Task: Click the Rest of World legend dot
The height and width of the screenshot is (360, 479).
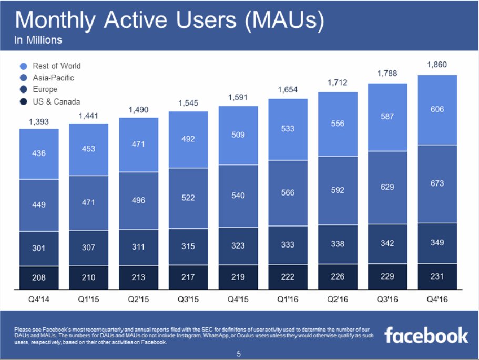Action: [23, 66]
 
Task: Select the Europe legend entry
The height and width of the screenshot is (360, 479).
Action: [45, 90]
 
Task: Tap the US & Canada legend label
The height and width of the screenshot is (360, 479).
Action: [56, 101]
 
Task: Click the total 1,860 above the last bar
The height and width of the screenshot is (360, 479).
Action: [437, 65]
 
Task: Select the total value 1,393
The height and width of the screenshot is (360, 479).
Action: [39, 121]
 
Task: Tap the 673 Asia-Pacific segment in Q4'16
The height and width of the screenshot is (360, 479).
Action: [437, 183]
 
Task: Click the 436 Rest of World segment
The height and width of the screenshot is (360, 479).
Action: [39, 153]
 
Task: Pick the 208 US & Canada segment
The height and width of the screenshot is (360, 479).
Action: [39, 277]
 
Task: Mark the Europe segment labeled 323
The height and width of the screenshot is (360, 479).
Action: [238, 245]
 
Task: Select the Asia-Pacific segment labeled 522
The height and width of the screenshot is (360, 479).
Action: [188, 198]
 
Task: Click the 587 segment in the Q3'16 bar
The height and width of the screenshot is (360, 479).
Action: [387, 117]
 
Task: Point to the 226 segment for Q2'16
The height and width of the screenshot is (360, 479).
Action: [338, 276]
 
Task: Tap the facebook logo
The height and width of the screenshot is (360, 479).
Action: [426, 335]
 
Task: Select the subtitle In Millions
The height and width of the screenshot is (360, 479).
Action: [38, 40]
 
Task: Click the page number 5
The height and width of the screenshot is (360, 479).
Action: [239, 354]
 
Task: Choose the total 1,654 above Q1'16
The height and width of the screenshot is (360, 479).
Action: [288, 90]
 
